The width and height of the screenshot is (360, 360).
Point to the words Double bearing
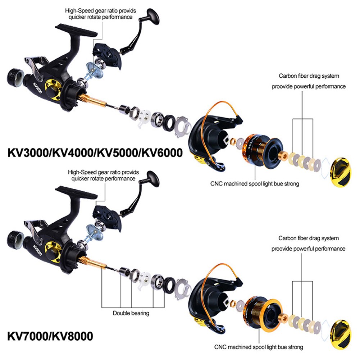131,313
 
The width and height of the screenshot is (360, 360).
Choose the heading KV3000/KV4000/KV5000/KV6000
95,152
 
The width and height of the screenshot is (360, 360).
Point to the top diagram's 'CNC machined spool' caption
255,184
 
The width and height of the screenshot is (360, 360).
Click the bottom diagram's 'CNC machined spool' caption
259,347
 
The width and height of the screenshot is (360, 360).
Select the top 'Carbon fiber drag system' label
309,76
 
